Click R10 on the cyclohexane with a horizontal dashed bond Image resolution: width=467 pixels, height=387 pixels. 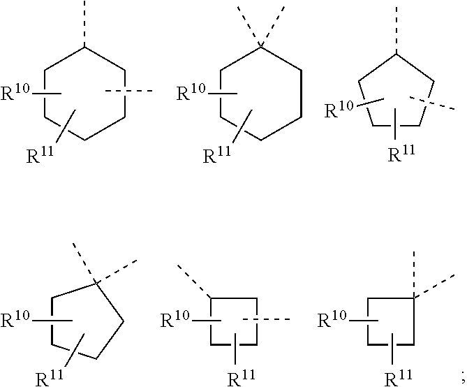17,93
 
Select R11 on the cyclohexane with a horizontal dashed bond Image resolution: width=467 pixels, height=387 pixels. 41,154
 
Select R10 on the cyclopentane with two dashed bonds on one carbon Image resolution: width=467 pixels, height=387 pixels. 17,321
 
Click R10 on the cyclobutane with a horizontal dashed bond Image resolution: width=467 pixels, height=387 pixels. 177,321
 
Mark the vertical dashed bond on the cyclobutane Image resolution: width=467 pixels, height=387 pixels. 414,273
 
